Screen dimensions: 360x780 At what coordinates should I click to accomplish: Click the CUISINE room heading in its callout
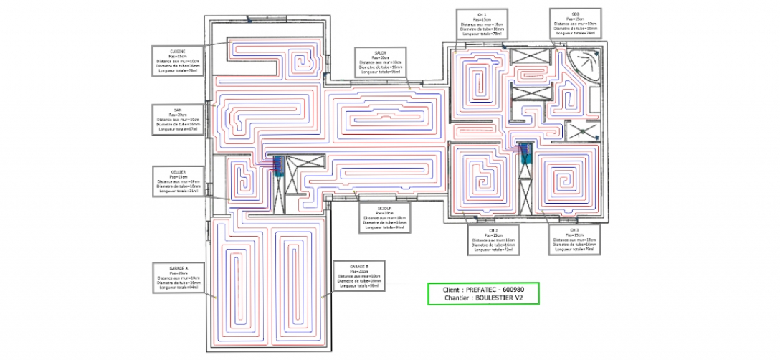coord(179,51)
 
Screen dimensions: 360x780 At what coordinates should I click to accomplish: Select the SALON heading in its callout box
coord(381,54)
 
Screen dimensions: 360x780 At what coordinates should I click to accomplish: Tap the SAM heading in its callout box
coord(178,110)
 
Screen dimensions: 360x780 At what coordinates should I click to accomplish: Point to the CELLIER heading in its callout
coord(179,172)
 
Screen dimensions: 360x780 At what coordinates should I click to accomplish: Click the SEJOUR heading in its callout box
coord(384,207)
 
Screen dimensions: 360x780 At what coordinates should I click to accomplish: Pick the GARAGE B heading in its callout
coord(358,266)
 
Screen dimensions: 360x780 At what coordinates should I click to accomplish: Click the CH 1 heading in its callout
coord(482,14)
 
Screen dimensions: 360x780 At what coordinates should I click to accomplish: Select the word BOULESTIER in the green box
coord(495,298)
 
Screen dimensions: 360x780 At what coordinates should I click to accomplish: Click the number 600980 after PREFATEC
coord(517,290)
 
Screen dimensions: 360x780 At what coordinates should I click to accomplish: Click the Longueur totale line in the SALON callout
coord(381,72)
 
